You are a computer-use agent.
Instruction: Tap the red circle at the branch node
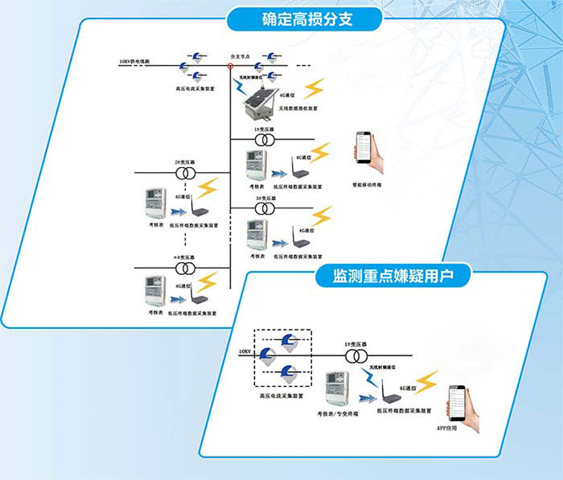pyautogui.click(x=230, y=66)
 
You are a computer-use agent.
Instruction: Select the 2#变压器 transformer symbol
pyautogui.click(x=187, y=173)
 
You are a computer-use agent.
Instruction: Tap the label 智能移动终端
pyautogui.click(x=369, y=183)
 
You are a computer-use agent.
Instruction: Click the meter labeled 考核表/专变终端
pyautogui.click(x=336, y=390)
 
